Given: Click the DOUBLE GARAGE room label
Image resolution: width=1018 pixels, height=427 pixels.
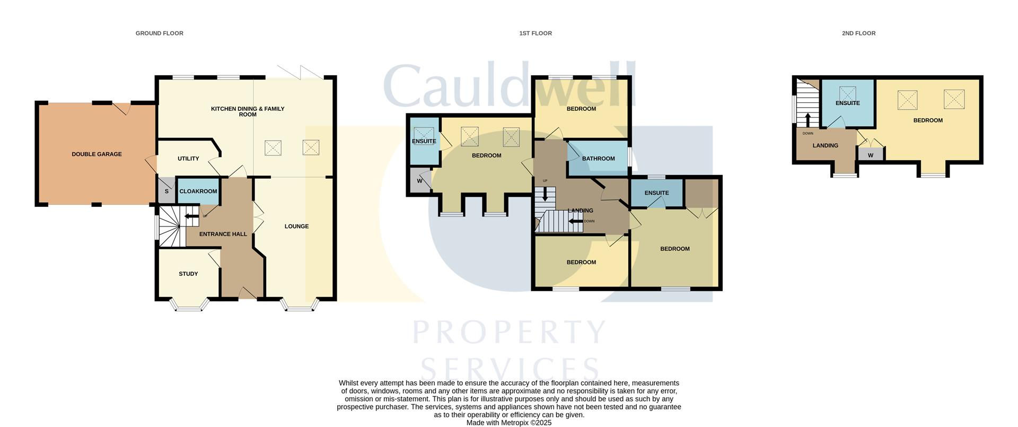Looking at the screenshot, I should coord(96,154).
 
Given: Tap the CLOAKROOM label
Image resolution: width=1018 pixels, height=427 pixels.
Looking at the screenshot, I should coord(198,191).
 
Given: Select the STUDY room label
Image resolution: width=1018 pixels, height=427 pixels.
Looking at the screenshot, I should coord(188,274).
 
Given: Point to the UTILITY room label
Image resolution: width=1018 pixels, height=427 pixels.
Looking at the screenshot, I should coord(188,159).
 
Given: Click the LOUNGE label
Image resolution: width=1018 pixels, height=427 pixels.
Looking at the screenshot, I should coord(296,226).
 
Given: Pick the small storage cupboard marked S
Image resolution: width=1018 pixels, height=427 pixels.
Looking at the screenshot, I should coord(166,191).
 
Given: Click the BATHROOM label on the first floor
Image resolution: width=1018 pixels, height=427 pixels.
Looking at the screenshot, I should coord(598,159).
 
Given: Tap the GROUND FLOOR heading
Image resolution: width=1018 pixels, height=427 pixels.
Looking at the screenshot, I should coord(159,33).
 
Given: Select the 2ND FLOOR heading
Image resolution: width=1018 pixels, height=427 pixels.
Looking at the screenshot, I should coord(858,33).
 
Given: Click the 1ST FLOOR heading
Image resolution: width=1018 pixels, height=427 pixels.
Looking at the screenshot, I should coord(535,33).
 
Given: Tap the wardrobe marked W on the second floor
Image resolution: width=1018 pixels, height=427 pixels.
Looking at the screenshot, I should coord(870,155).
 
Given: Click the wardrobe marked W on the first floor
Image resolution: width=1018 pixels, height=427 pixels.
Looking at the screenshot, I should coord(419,181).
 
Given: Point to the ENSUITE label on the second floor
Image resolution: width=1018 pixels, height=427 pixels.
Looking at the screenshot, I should coord(847,103).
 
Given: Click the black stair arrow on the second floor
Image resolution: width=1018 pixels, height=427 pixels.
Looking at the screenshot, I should coord(808,119).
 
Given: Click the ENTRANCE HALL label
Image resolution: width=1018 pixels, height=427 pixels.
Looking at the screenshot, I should coord(223,234).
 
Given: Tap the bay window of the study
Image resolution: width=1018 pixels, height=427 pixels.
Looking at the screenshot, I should coord(189,305).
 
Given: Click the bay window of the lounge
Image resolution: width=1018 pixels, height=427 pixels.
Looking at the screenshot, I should coord(300,306).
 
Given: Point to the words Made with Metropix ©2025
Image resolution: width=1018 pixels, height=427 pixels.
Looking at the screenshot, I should coord(508,423).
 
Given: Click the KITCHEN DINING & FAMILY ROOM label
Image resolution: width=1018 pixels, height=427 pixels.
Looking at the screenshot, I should coord(248,111).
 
